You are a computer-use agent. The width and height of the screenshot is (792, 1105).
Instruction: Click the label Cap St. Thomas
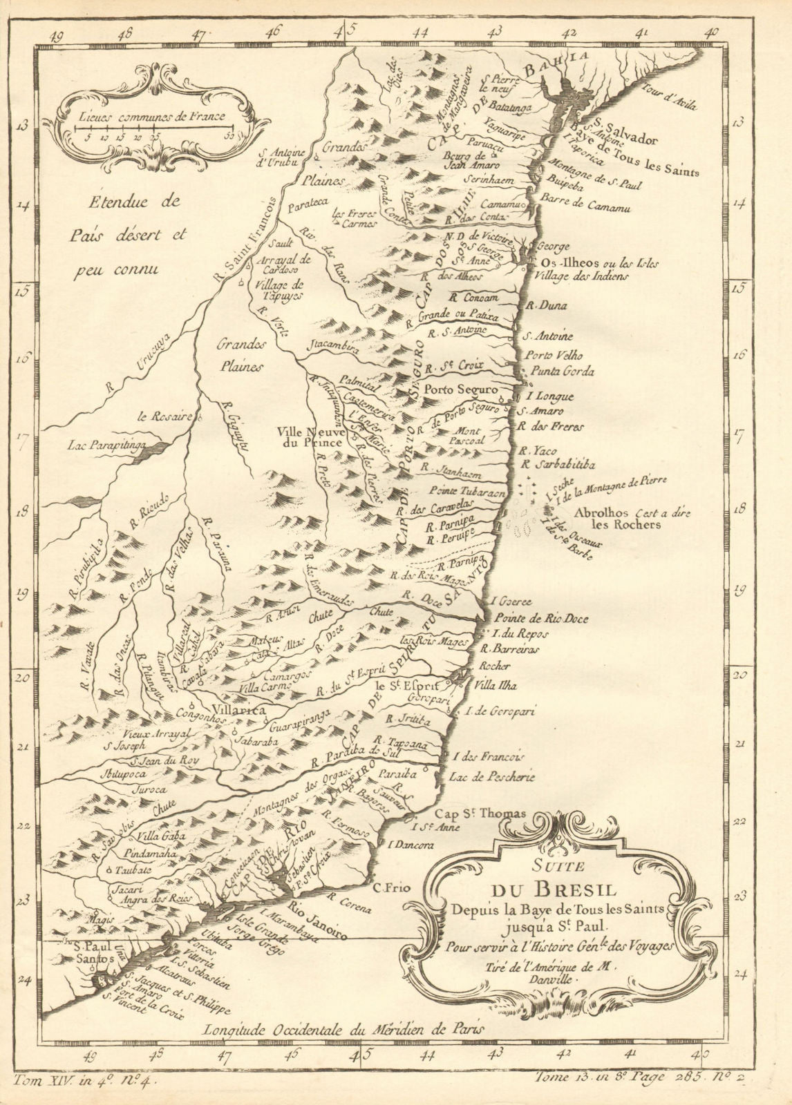[500, 814]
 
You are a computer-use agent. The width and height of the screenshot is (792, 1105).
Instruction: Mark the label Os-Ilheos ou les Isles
[591, 263]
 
